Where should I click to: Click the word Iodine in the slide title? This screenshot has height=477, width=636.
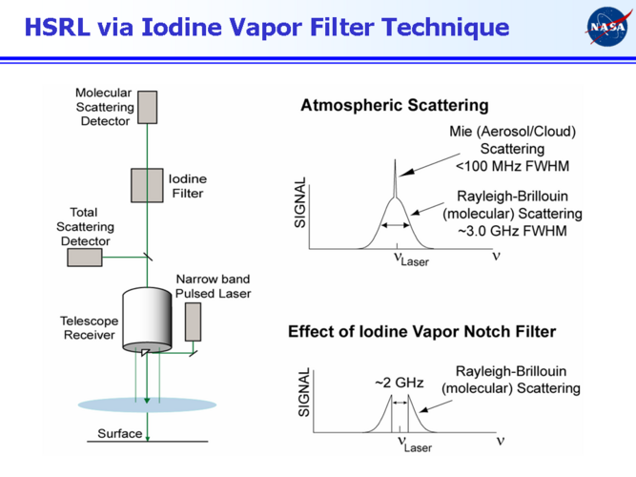[x=187, y=27]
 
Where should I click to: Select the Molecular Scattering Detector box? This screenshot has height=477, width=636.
[x=147, y=107]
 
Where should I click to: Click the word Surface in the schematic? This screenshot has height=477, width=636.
[x=119, y=434]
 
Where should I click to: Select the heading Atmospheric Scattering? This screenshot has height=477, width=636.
[x=394, y=106]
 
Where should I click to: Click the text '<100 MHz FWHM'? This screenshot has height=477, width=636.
[x=512, y=166]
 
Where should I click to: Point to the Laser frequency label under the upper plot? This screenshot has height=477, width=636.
[x=410, y=259]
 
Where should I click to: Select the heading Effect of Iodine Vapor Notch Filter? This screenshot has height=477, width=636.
[x=421, y=332]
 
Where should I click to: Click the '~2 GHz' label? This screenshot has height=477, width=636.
[x=398, y=383]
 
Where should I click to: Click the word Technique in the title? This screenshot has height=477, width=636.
[x=443, y=27]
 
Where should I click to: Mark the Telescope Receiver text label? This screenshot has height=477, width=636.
[x=89, y=327]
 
